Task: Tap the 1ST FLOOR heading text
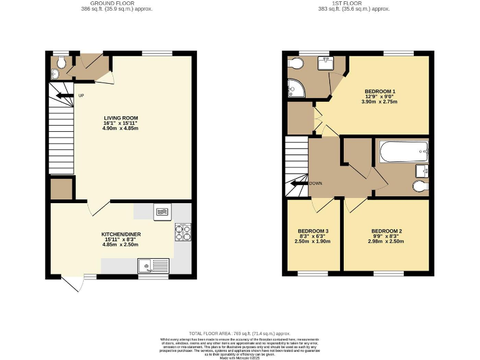pyautogui.click(x=354, y=4)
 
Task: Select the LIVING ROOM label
pyautogui.click(x=121, y=117)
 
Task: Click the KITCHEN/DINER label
pyautogui.click(x=121, y=234)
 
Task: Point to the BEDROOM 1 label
pyautogui.click(x=380, y=91)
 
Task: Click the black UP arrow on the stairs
pyautogui.click(x=64, y=96)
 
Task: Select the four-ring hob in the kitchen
pyautogui.click(x=183, y=232)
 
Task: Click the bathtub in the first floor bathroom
pyautogui.click(x=403, y=151)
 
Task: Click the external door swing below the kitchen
pyautogui.click(x=74, y=283)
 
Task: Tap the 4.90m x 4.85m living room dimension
pyautogui.click(x=121, y=129)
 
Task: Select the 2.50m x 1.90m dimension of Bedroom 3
pyautogui.click(x=311, y=242)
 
